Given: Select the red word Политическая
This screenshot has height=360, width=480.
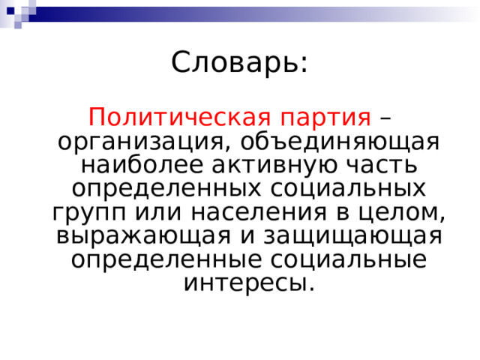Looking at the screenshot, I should coord(178,118).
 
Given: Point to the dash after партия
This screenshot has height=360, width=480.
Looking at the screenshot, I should coord(385,118).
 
